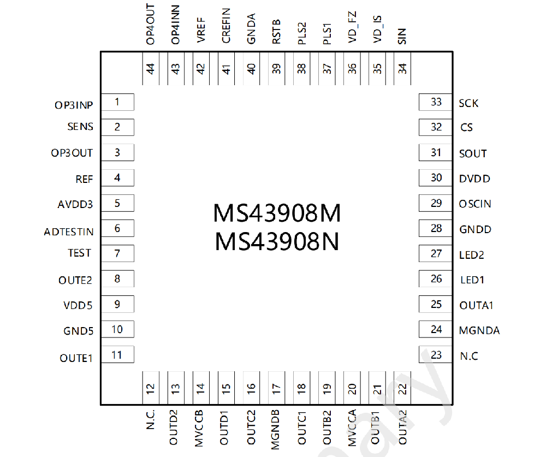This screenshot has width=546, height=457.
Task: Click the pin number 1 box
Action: click(117, 102)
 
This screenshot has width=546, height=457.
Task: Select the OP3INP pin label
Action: click(74, 105)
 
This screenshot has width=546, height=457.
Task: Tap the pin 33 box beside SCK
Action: click(436, 102)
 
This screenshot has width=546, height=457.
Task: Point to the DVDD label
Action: click(474, 179)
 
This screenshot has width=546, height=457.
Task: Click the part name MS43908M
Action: click(277, 213)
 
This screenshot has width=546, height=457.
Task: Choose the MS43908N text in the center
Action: click(277, 241)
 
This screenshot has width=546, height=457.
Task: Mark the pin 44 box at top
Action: click(151, 68)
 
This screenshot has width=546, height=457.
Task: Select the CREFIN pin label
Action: click(226, 26)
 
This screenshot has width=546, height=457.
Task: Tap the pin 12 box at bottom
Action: click(151, 388)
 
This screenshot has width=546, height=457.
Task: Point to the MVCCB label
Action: click(199, 428)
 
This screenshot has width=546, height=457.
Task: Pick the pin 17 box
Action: click(276, 388)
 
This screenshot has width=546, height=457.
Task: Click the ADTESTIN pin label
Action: click(69, 232)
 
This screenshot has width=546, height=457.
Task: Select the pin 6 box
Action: click(117, 228)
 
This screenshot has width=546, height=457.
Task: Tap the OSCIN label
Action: click(475, 204)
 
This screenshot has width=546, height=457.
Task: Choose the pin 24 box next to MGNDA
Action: click(436, 329)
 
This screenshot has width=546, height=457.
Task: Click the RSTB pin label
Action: click(276, 32)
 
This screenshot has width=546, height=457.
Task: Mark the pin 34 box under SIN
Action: click(402, 68)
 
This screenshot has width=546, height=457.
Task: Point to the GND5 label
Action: click(78, 331)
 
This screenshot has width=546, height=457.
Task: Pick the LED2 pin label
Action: click(472, 255)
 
